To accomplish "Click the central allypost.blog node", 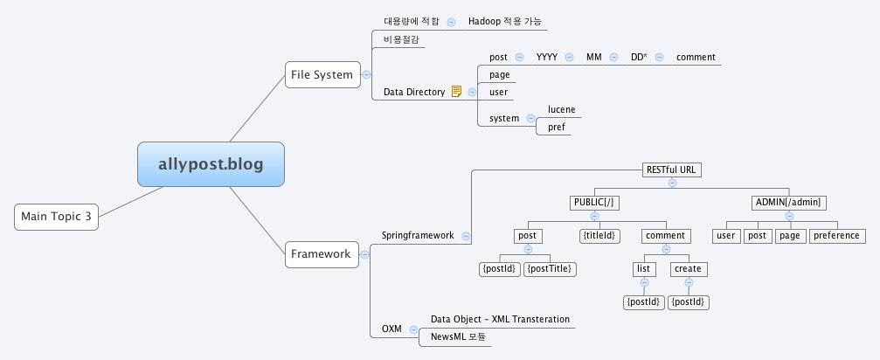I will [x=211, y=163].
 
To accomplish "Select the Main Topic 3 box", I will [x=56, y=217].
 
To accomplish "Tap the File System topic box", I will [x=322, y=74].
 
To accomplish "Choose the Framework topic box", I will [x=321, y=254].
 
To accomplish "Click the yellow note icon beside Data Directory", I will [x=456, y=92].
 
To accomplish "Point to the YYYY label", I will [x=547, y=58].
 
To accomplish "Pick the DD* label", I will [x=639, y=58].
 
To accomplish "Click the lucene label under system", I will [x=561, y=109].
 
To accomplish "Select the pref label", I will [x=556, y=127].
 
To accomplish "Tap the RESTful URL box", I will [x=672, y=169].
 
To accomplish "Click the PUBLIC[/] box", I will [x=594, y=203].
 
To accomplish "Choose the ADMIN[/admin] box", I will [x=788, y=203].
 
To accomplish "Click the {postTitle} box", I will [x=549, y=268].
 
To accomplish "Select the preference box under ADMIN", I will [x=836, y=235].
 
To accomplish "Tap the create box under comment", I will [x=689, y=268].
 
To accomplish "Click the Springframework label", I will [x=418, y=235].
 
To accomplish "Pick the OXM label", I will [x=391, y=329].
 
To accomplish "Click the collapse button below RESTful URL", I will [x=672, y=183].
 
